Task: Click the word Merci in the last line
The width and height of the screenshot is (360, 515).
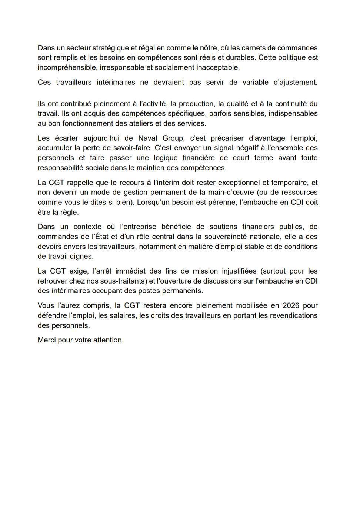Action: (47, 340)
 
